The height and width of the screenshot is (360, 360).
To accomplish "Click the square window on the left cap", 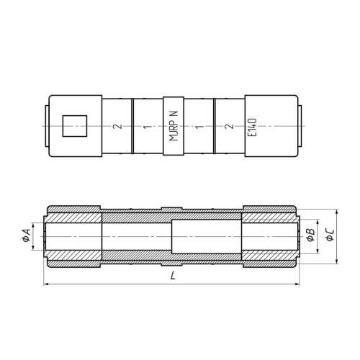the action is pyautogui.click(x=75, y=126).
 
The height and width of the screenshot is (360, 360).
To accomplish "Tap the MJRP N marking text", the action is pyautogui.click(x=174, y=126).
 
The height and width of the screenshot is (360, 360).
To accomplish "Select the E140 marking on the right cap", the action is pyautogui.click(x=252, y=127).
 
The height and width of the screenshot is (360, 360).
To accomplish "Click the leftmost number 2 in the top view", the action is pyautogui.click(x=117, y=126).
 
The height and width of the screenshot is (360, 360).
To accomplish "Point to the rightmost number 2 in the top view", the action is pyautogui.click(x=230, y=126).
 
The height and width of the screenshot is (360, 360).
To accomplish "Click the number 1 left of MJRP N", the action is pyautogui.click(x=148, y=126).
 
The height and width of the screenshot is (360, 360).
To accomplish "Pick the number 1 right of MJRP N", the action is pyautogui.click(x=198, y=126).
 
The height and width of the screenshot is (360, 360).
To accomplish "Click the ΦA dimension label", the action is pyautogui.click(x=26, y=235).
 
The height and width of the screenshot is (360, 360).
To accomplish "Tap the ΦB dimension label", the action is pyautogui.click(x=311, y=235).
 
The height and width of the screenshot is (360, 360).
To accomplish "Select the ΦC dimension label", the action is pyautogui.click(x=330, y=235).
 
